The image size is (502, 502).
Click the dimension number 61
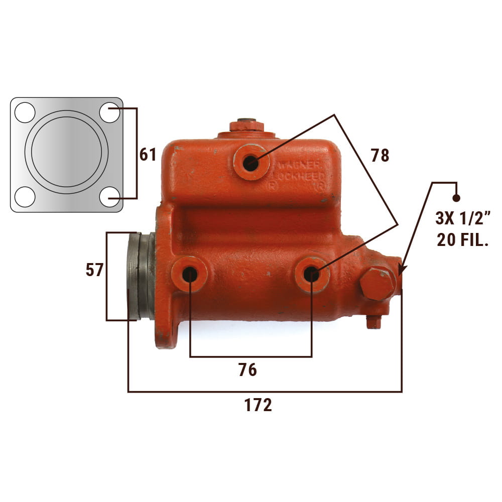point(148,155)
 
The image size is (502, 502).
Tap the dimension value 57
point(94,270)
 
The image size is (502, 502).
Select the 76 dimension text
point(247,369)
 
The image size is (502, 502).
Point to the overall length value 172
point(258,405)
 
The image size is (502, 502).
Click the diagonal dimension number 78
point(380,155)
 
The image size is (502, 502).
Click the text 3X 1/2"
point(463,218)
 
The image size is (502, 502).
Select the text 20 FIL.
point(463,239)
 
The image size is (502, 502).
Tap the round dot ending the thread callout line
point(456,198)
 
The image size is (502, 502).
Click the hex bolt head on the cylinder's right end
point(378,284)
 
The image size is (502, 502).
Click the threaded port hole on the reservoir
point(250,163)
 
